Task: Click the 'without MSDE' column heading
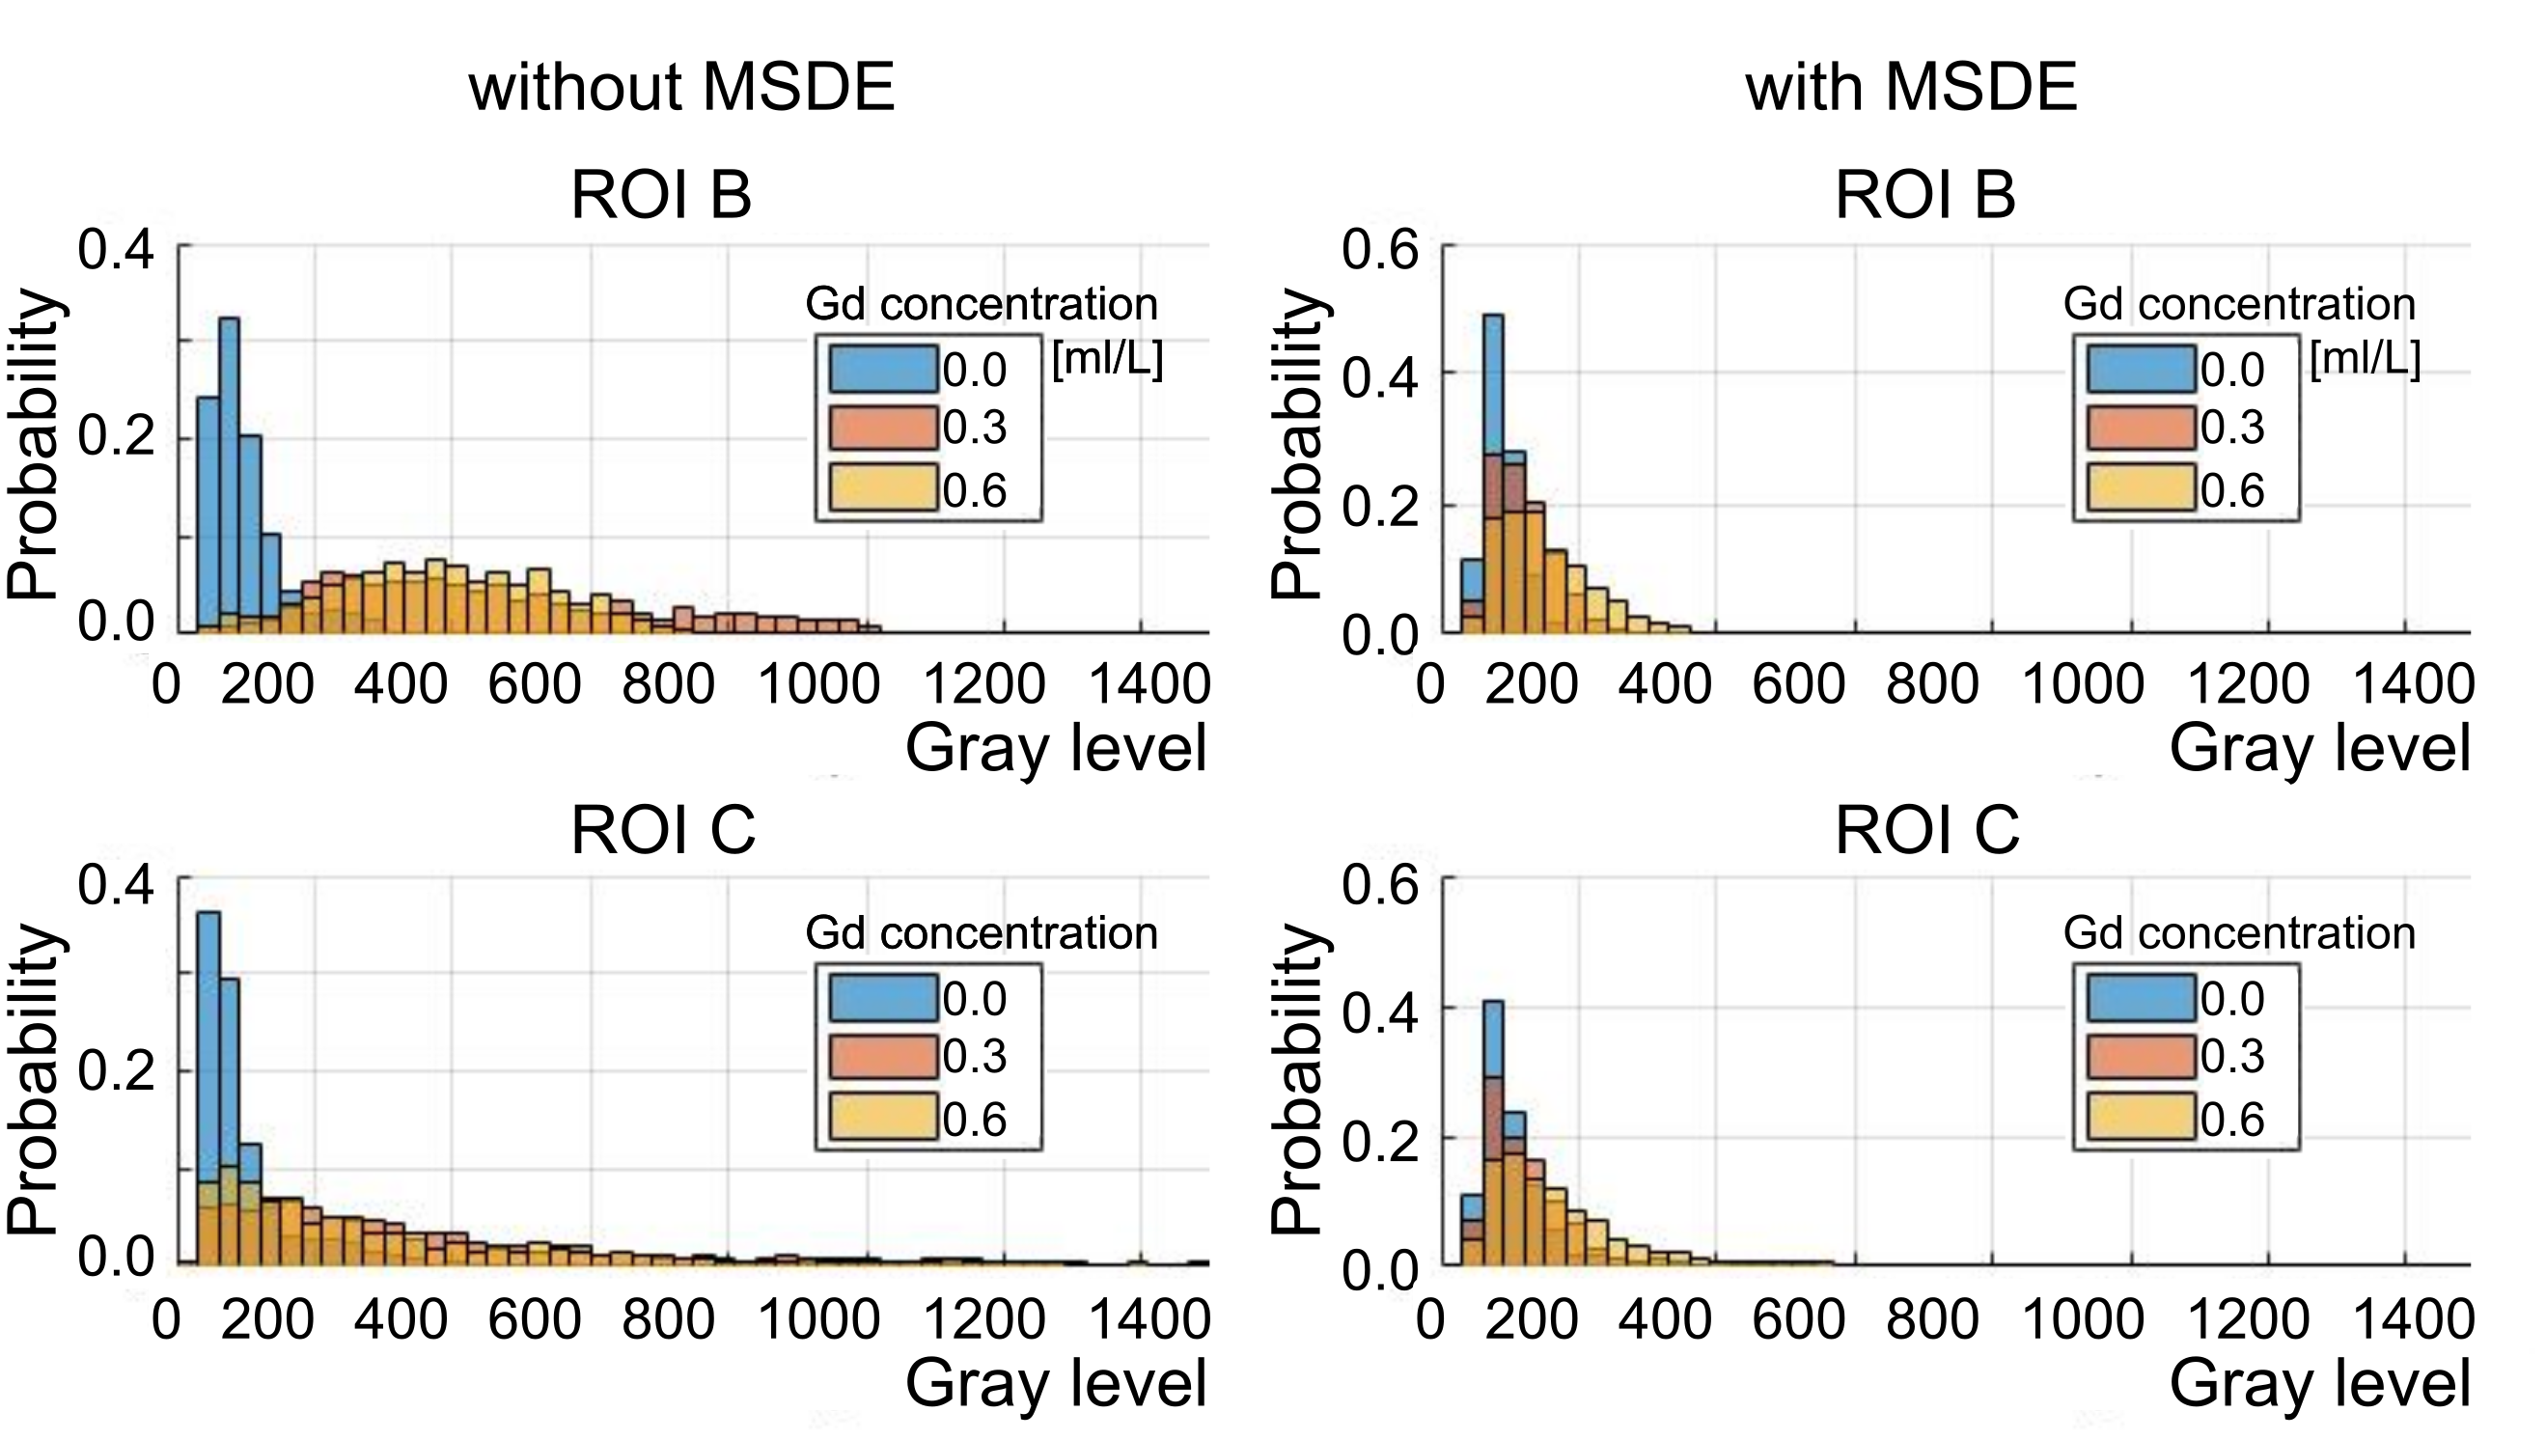point(681,87)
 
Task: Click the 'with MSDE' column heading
point(1910,87)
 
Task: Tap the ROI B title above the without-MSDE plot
point(660,195)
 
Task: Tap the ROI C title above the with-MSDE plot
point(1926,830)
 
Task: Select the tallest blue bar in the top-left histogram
point(229,475)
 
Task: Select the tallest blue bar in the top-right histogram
point(1493,475)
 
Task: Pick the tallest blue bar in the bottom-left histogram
point(208,1088)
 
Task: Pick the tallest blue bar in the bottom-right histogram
point(1493,1132)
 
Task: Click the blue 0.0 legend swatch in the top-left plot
point(882,369)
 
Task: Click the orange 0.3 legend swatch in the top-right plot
point(2141,428)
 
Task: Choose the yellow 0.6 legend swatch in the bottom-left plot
point(882,1119)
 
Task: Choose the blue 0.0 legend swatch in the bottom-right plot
point(2141,998)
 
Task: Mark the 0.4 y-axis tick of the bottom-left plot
point(116,884)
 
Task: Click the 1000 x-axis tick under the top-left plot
point(817,684)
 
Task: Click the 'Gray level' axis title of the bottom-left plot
point(1055,1383)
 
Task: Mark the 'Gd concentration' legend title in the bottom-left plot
point(981,932)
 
